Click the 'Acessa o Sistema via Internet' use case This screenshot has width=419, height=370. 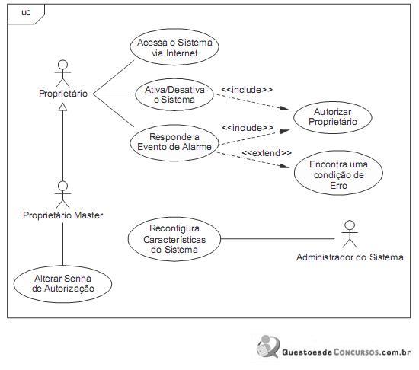pyautogui.click(x=174, y=47)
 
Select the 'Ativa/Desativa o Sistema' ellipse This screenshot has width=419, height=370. pyautogui.click(x=174, y=94)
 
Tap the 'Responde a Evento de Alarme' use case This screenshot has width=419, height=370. pyautogui.click(x=174, y=143)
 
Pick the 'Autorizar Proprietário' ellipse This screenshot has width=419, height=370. pyautogui.click(x=333, y=117)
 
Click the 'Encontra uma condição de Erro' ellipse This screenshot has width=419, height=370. pyautogui.click(x=338, y=173)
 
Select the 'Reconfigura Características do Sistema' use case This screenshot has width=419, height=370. pyautogui.click(x=174, y=239)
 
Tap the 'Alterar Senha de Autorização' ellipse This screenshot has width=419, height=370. pyautogui.click(x=62, y=284)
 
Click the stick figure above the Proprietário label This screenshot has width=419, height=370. pyautogui.click(x=63, y=74)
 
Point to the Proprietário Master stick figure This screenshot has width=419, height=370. pyautogui.click(x=63, y=195)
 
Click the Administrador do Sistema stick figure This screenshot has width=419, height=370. pyautogui.click(x=350, y=234)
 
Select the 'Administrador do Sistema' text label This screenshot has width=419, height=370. pyautogui.click(x=350, y=257)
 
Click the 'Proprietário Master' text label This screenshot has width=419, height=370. pyautogui.click(x=63, y=215)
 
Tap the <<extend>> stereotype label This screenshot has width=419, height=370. pyautogui.click(x=267, y=153)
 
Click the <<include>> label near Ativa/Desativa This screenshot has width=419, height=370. pyautogui.click(x=247, y=90)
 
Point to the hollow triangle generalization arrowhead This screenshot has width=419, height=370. pyautogui.click(x=63, y=107)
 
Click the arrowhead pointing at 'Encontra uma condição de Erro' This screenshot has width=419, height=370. pyautogui.click(x=284, y=166)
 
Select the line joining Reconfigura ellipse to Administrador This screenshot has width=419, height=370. pyautogui.click(x=277, y=239)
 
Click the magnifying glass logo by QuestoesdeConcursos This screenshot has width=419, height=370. pyautogui.click(x=268, y=346)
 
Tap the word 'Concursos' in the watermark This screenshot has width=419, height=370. pyautogui.click(x=357, y=352)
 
